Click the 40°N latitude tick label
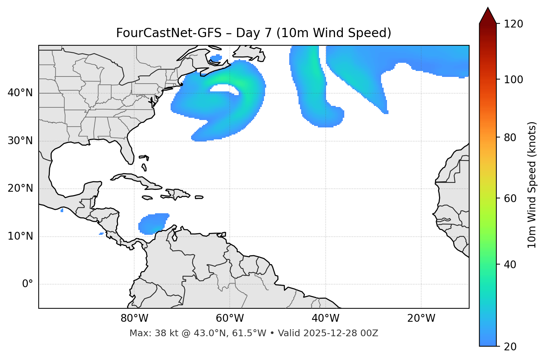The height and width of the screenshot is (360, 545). (x=20, y=93)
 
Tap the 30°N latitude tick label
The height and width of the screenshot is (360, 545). (x=20, y=141)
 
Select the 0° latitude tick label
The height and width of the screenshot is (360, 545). (x=28, y=284)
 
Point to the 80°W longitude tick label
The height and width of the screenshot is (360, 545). (x=134, y=318)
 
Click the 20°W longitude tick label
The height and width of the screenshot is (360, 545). (x=421, y=318)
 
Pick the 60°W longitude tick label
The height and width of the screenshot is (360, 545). (x=230, y=318)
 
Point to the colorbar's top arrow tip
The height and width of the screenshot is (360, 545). (x=488, y=7)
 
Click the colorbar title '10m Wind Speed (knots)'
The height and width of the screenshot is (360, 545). (x=532, y=185)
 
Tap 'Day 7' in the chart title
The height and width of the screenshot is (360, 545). (x=254, y=33)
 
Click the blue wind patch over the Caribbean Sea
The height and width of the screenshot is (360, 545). (x=152, y=224)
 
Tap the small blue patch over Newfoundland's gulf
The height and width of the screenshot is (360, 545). (x=216, y=58)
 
